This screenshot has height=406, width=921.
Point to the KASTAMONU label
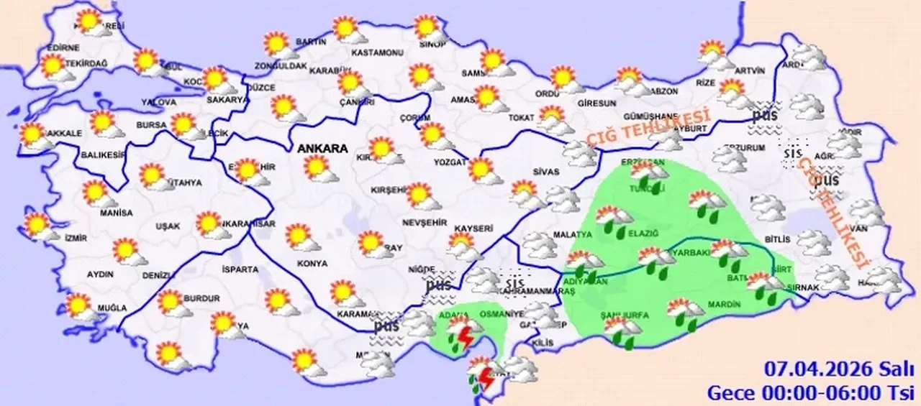coord(376,53)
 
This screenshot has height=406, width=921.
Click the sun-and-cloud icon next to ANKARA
coord(319,169)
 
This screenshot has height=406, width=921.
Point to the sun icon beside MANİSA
coord(97,193)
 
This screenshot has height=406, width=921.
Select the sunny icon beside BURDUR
coord(173,303)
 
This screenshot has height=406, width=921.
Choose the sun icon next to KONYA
coord(301,237)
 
